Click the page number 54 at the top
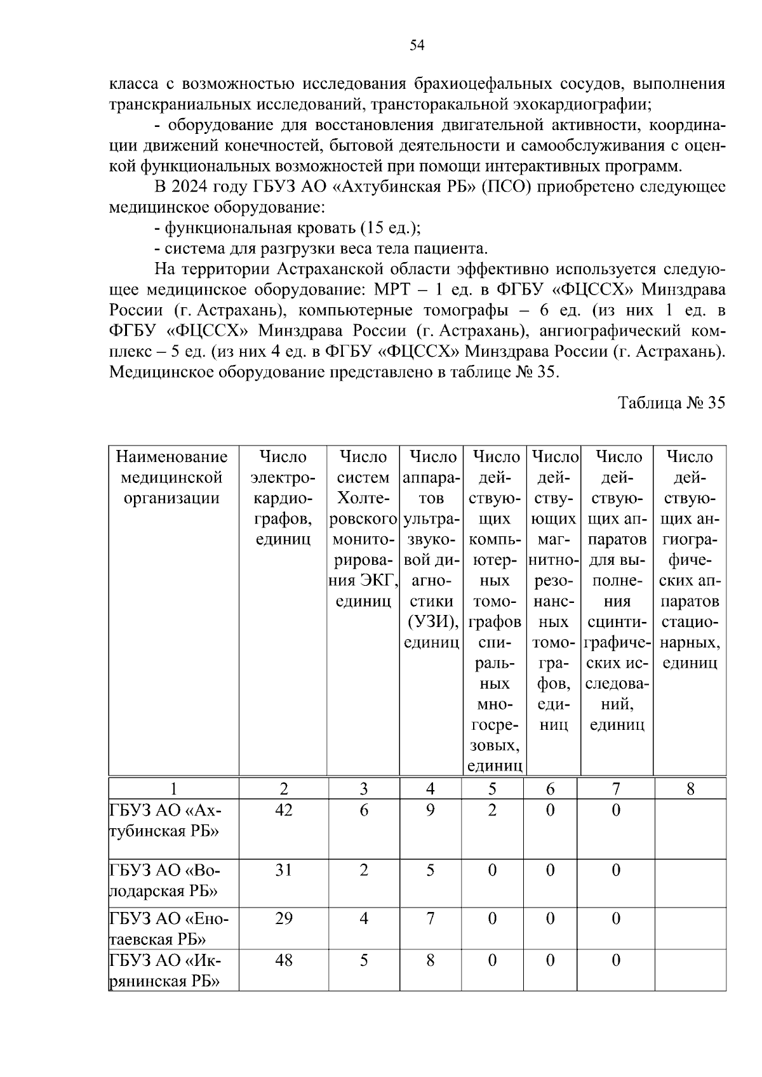click(417, 45)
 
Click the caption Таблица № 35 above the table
click(671, 403)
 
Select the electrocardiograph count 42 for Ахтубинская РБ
click(283, 810)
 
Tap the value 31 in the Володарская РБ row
click(283, 870)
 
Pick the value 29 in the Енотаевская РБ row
click(283, 918)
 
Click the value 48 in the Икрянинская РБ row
click(283, 960)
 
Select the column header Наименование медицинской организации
click(173, 477)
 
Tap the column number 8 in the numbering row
click(690, 789)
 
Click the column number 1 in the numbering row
click(173, 789)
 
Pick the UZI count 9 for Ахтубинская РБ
click(431, 810)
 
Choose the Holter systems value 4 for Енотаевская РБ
click(363, 918)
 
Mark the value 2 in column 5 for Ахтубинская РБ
click(492, 810)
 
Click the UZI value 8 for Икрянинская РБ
click(431, 960)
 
